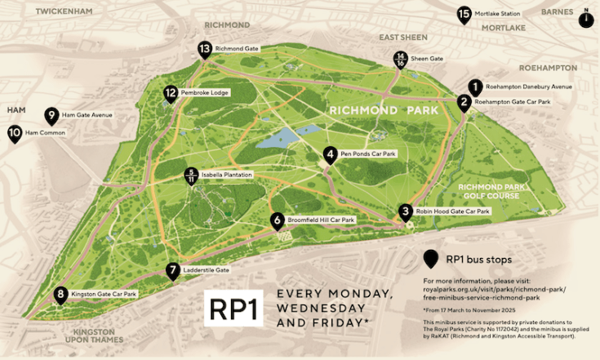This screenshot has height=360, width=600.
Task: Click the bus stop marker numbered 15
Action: click(x=464, y=14)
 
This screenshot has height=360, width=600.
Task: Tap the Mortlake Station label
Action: click(x=500, y=14)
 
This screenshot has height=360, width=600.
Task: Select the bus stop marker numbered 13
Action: click(x=204, y=49)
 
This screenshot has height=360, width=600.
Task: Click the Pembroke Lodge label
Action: click(x=206, y=93)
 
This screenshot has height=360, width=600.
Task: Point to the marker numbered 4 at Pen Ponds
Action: click(x=330, y=153)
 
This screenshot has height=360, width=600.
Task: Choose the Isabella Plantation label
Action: click(x=227, y=176)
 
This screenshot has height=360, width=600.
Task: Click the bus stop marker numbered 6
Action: click(x=278, y=220)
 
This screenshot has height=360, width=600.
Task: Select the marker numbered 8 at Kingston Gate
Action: click(x=60, y=295)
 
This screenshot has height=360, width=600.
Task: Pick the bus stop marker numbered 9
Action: click(x=52, y=115)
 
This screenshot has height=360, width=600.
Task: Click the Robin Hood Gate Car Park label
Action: click(x=453, y=211)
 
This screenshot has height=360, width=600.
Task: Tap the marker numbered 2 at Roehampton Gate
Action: click(x=464, y=102)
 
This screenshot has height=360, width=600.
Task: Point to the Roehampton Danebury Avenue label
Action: click(x=529, y=87)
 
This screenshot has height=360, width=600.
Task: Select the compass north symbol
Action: click(x=585, y=19)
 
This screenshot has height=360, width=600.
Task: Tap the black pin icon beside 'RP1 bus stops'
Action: click(x=429, y=259)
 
